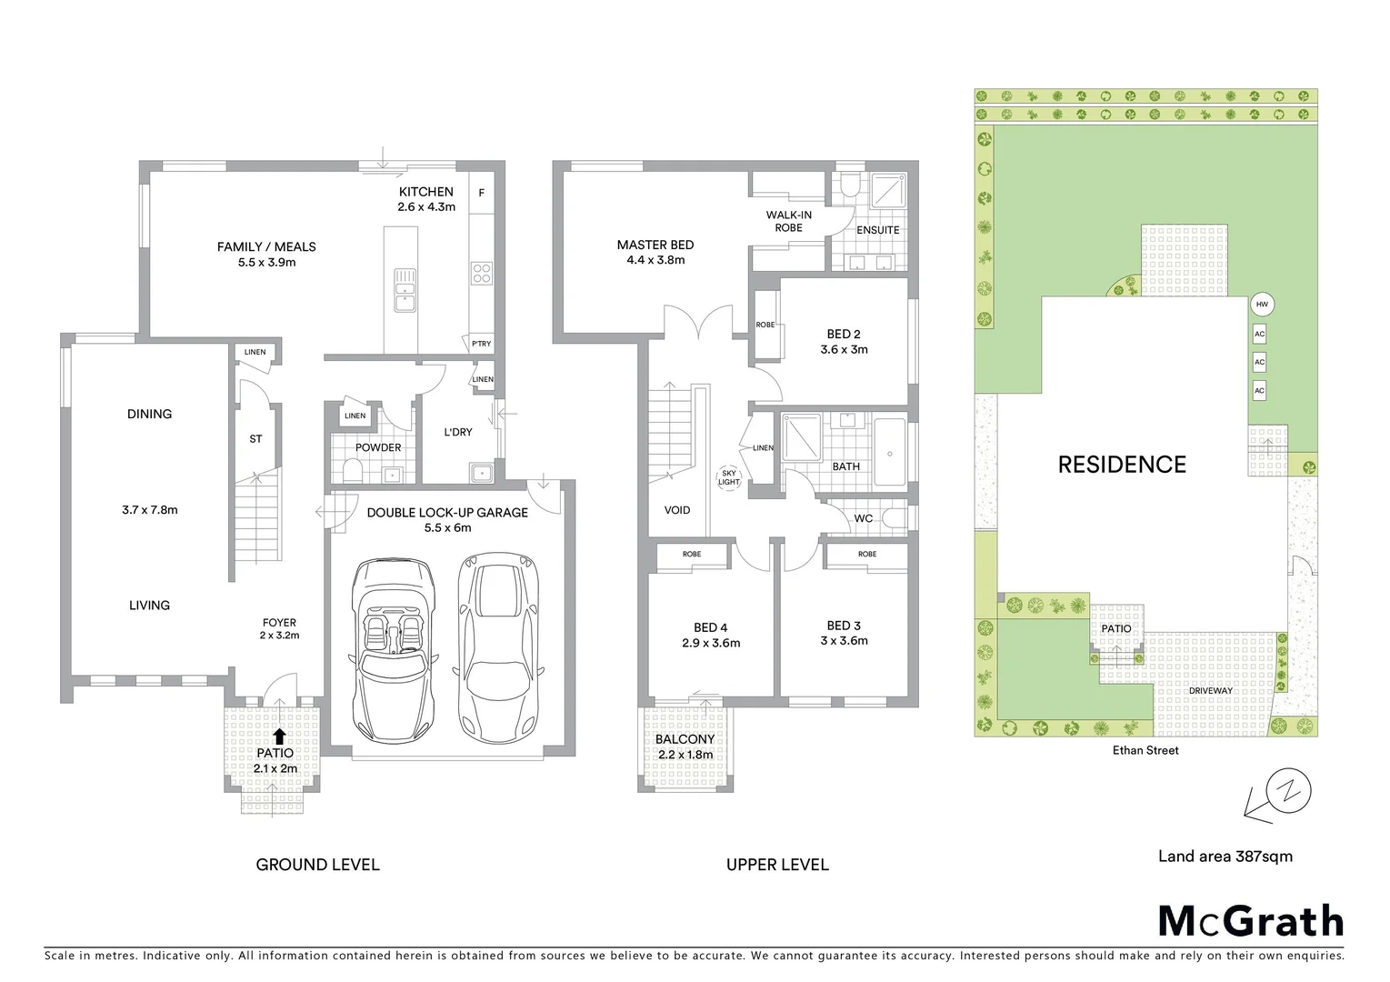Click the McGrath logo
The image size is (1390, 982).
point(1250,921)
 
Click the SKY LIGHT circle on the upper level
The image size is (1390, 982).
point(729,477)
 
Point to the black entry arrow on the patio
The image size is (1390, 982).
point(279,736)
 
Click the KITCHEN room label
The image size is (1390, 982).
point(425,192)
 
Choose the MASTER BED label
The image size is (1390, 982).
point(655,245)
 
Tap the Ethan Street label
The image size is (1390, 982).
point(1145,750)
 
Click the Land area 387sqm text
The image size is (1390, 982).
point(1225,856)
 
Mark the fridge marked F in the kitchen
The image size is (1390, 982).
point(482,193)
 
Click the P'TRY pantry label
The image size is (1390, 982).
point(481,344)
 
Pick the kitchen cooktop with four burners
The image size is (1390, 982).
point(481,273)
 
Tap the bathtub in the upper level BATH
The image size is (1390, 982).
point(889,453)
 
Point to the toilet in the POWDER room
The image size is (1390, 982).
point(351,470)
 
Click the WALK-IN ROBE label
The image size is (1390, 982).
point(788,221)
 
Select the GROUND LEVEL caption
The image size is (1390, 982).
point(317,865)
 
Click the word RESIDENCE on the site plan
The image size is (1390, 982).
point(1122,465)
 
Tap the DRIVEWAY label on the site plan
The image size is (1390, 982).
point(1210,691)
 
